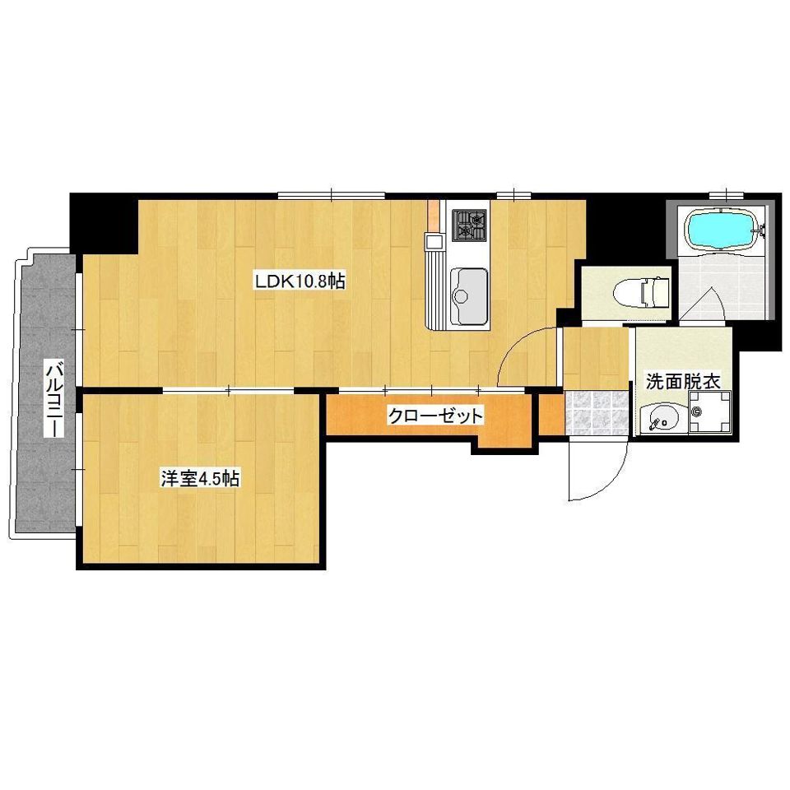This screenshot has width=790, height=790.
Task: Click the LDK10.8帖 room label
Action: click(300, 281)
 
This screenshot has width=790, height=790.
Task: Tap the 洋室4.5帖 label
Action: click(199, 478)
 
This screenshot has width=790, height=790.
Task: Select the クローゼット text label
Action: click(434, 416)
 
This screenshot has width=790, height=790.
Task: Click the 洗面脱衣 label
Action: click(682, 382)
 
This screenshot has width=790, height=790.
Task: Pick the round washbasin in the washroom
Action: click(661, 418)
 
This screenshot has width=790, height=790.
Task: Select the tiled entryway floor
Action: click(596, 412)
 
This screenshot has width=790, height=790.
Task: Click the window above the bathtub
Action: click(726, 194)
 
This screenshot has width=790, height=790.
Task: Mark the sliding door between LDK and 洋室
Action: click(228, 389)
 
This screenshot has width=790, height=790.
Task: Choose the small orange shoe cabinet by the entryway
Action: click(551, 414)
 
